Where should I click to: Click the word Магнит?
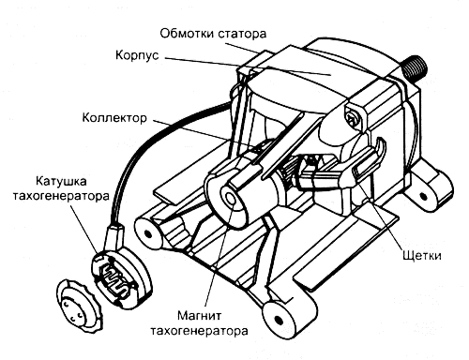coord(200,314)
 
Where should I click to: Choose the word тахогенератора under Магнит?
coord(200,331)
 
